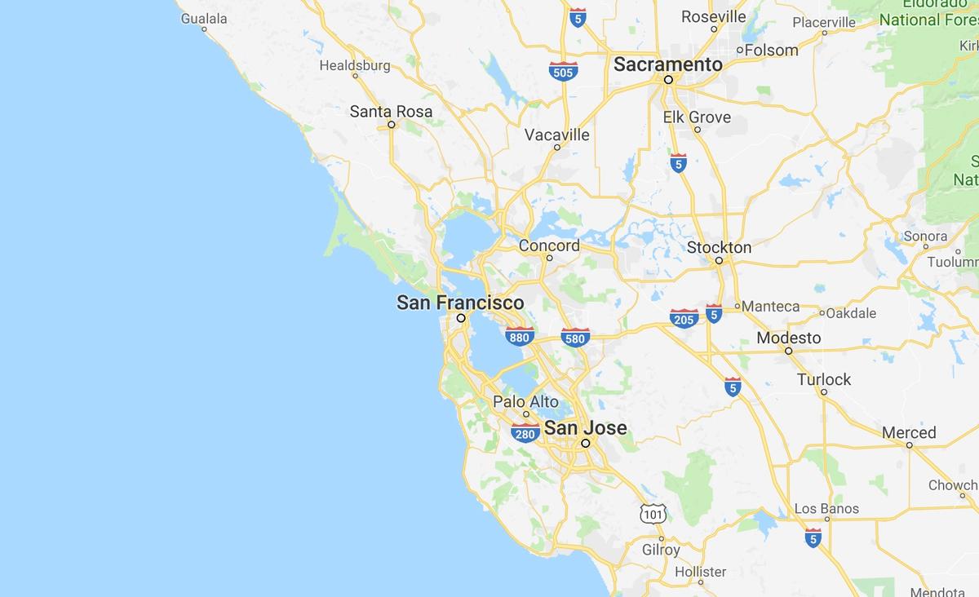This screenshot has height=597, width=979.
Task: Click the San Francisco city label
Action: point(460,303)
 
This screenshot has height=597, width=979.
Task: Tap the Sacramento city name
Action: point(668,64)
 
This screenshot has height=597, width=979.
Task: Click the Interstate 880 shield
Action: point(520,335)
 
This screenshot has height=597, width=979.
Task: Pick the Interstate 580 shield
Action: point(576,336)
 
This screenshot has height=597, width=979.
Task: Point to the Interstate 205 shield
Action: point(684,318)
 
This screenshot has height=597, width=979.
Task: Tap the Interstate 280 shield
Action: point(525,432)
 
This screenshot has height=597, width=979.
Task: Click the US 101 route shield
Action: point(653,514)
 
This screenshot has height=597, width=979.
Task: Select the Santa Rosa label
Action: point(391,111)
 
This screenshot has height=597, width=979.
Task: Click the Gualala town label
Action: point(204,17)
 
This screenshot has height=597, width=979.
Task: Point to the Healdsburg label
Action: point(355,65)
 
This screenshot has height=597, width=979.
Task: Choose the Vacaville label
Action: point(557,135)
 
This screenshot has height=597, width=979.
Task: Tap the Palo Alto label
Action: point(525,401)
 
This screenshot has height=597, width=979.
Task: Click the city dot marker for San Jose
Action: point(586,444)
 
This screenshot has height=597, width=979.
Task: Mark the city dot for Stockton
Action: point(719,261)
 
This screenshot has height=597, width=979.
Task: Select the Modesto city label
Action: point(789,337)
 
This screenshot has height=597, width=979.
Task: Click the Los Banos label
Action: point(826,509)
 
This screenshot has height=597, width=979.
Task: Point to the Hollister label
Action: point(701,572)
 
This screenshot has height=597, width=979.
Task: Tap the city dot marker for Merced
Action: point(910,445)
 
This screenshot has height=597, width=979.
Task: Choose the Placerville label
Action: point(824,22)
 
